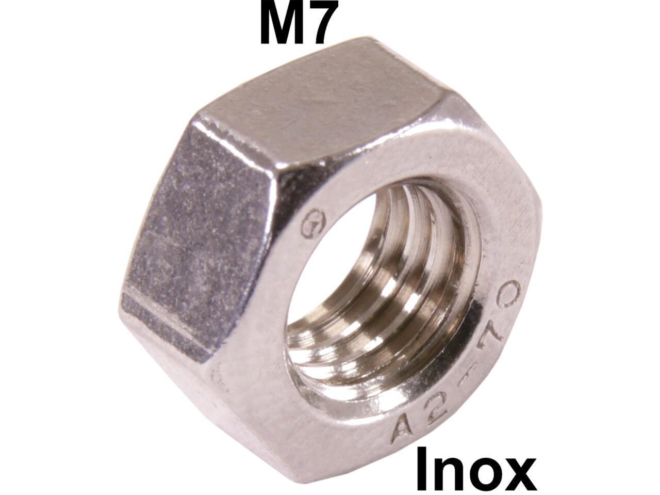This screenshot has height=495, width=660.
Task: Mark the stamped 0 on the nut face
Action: [508, 297]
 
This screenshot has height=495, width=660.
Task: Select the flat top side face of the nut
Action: [330, 103]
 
